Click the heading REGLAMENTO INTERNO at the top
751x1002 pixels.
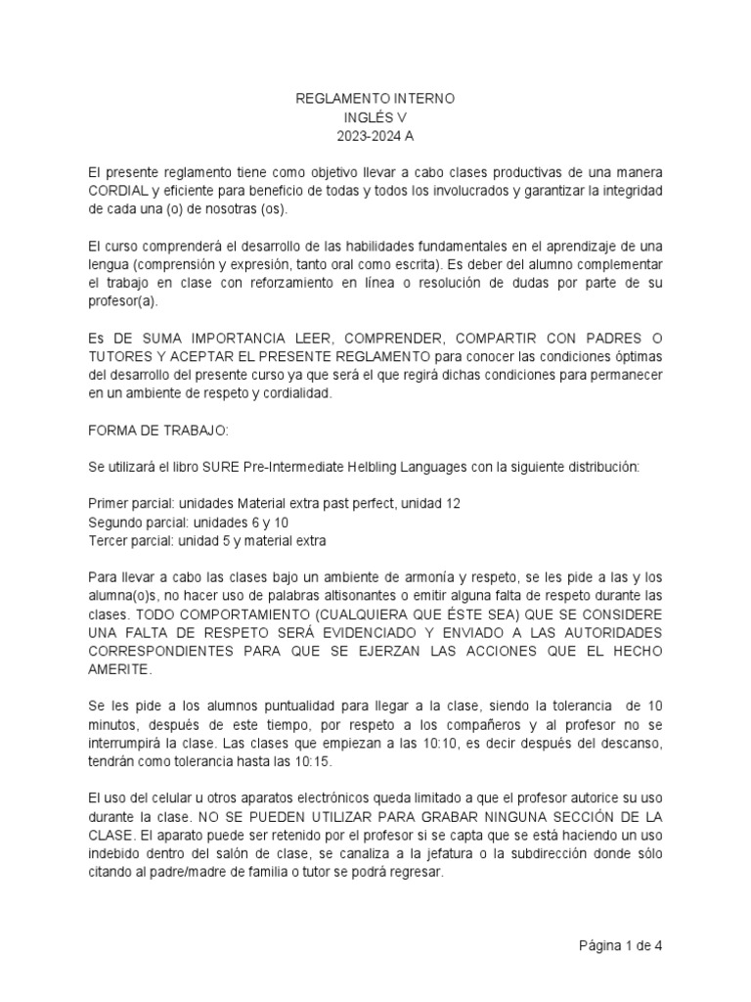[375, 100]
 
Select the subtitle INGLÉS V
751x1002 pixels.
[375, 117]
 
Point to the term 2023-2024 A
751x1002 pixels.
[375, 135]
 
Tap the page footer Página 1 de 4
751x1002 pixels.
[619, 946]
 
